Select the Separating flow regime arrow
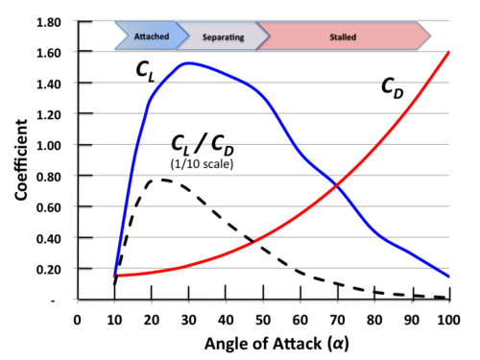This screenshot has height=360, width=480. click(223, 37)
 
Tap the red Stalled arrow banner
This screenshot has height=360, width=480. click(342, 37)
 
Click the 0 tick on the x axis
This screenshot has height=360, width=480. click(77, 318)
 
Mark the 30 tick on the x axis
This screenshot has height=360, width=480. click(188, 318)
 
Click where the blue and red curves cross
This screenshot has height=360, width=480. click(337, 183)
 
